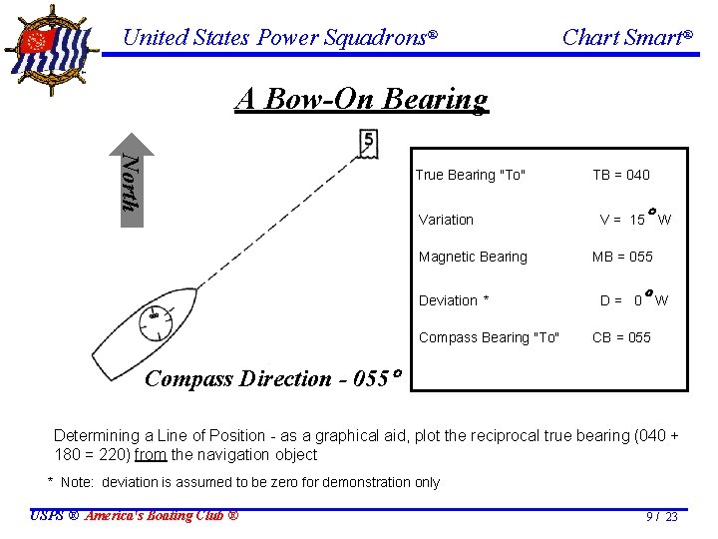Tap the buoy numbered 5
pos(367,144)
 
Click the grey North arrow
pos(132,180)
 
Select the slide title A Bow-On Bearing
pos(362,99)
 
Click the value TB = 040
pos(620,175)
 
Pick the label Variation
pos(446,220)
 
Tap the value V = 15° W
pos(634,219)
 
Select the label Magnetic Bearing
pos(473,257)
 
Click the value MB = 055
pos(622,257)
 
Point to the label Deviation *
pos(454,300)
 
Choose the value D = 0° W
pos(634,299)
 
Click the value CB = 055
pos(621,337)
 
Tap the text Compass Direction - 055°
pos(272,379)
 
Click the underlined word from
pos(151,455)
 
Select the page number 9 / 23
pos(661,516)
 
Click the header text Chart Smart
pos(626,38)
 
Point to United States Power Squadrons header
pos(279,38)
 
